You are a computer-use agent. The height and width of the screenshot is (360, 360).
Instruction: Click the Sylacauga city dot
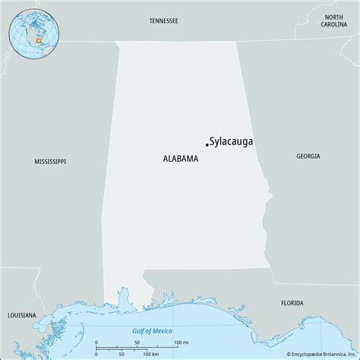[x=207, y=144]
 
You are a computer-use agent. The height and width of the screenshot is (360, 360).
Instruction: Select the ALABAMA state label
[x=180, y=159]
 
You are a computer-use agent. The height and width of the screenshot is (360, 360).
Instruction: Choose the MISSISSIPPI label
[x=50, y=162]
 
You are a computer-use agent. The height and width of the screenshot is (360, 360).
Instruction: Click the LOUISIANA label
[x=21, y=293]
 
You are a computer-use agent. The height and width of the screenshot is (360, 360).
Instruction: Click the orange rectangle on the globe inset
[x=37, y=40]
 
